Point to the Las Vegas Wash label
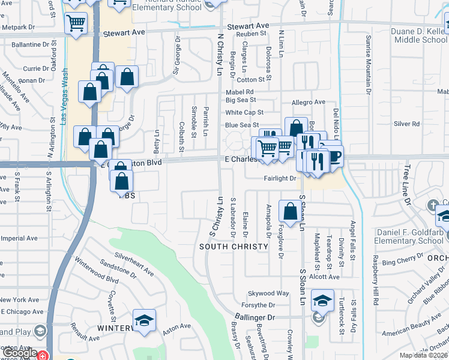coord(64,96)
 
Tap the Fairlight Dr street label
coord(280,178)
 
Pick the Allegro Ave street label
coord(309,102)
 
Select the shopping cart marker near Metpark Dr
coord(76,24)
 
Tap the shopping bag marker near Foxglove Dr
coord(291,212)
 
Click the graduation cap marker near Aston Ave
coord(144,320)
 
